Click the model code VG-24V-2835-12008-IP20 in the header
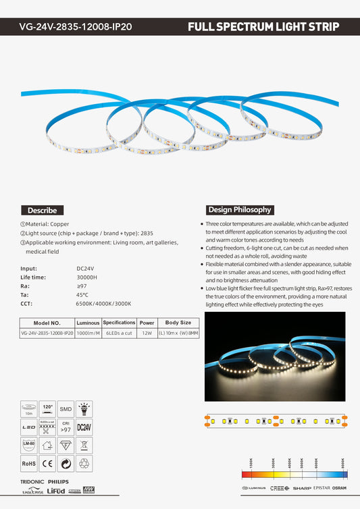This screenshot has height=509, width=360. tap(76, 28)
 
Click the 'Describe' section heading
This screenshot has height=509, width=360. tap(43, 210)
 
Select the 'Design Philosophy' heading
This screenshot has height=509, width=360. tap(240, 209)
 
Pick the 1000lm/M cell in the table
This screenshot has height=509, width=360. tap(88, 333)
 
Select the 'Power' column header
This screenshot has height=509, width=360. tap(147, 323)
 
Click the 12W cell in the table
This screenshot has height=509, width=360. tap(147, 333)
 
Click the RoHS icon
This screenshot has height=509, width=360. tap(28, 464)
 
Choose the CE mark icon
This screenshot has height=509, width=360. tap(47, 464)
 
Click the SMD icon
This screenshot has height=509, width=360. tap(66, 409)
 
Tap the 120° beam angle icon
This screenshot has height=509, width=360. tap(47, 409)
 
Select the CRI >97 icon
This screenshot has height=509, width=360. tap(66, 427)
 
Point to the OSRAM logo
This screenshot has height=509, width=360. tap(339, 487)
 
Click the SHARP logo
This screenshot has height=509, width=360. tap(302, 487)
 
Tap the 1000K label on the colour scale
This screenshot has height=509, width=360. tap(251, 463)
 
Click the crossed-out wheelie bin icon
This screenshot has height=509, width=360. tap(84, 446)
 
